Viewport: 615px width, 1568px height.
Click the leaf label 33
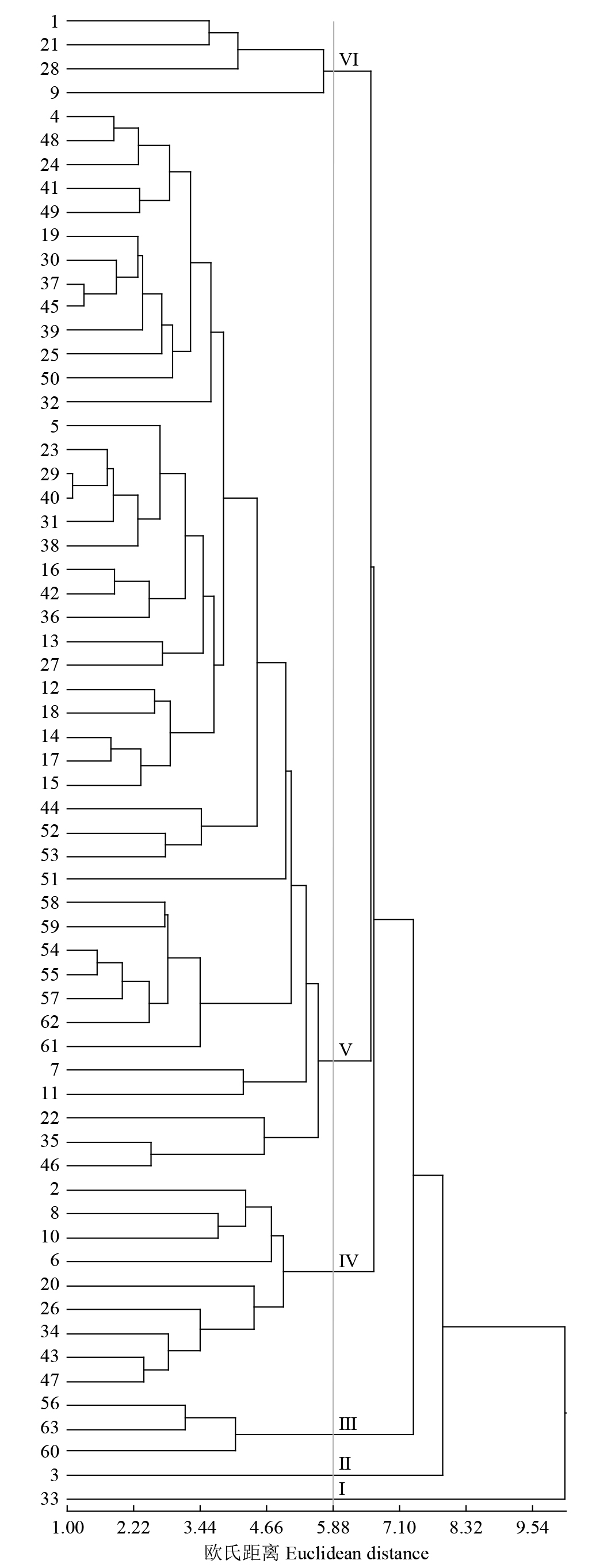coord(49,1498)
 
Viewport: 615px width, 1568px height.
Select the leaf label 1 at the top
coord(54,21)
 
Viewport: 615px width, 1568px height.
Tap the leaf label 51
coord(49,879)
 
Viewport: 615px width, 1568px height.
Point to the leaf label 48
coord(49,140)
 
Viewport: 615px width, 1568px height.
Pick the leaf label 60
coord(49,1451)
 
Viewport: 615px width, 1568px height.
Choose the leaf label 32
coord(49,402)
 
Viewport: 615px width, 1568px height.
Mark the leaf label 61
coord(49,1046)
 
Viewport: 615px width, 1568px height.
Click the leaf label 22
coord(49,1118)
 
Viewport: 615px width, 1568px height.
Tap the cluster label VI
coord(349,59)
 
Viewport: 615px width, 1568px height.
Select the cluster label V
coord(345,1049)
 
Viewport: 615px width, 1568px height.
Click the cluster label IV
coord(348,1261)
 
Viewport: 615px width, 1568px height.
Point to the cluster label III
coord(347,1424)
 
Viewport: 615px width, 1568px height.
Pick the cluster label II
coord(345,1463)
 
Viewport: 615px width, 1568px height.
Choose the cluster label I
coord(342,1489)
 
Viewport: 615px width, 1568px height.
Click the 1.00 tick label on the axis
coord(67,1528)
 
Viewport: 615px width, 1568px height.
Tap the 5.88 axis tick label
coord(333,1528)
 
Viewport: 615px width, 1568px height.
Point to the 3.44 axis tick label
coord(200,1528)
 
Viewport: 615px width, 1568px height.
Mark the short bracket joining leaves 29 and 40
coord(72,485)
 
